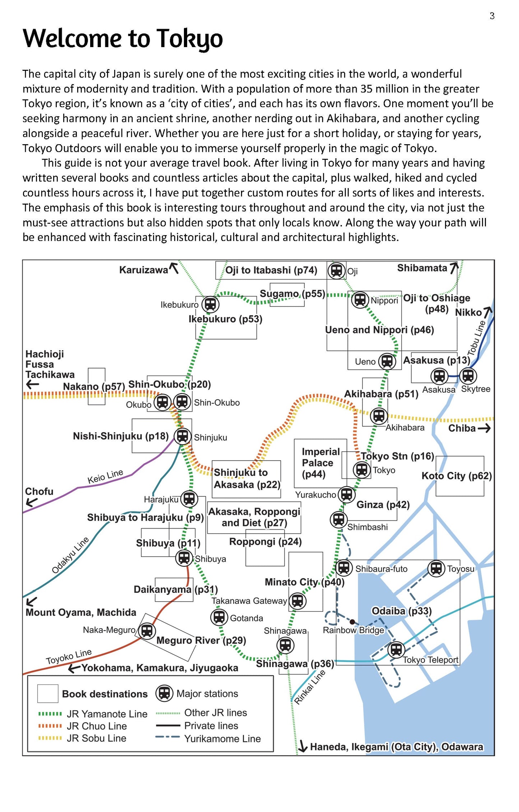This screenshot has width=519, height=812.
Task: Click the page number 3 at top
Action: pos(492,16)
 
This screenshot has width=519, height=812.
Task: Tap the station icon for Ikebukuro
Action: pos(210,304)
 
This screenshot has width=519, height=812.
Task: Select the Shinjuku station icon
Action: pos(182,436)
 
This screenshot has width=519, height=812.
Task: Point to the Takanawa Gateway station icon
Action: pos(297,601)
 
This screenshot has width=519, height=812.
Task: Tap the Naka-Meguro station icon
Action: pos(147,630)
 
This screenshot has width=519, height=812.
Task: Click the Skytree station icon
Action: pos(468,376)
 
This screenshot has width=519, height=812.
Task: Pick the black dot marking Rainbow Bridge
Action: pos(352,622)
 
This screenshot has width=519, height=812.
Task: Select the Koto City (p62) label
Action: pos(457,476)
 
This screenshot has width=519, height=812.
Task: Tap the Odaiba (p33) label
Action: pos(401,611)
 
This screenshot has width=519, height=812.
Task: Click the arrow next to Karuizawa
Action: pos(174,268)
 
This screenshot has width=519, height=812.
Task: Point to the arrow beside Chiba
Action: pos(484,428)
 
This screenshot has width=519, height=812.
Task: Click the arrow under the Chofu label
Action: pos(32,502)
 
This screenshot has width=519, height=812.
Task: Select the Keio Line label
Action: pos(105,476)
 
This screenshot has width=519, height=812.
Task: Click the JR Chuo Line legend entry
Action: pos(96,726)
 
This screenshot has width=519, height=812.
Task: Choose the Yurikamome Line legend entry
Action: pos(222,739)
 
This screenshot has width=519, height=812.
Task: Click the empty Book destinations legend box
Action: pos(48,693)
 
